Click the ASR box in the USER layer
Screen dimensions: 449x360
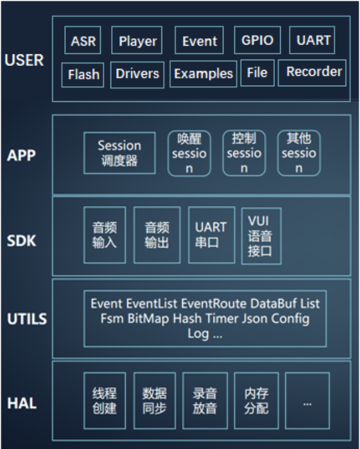pos(84,41)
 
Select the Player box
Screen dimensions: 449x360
pos(137,41)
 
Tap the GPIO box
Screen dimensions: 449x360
pos(258,41)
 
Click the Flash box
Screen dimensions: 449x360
pos(84,74)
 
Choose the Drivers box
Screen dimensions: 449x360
pos(137,73)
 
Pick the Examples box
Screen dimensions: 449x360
pos(203,73)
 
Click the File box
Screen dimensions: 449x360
pos(257,72)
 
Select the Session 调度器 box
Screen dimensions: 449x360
pos(119,153)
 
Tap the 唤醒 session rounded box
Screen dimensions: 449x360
pos(189,153)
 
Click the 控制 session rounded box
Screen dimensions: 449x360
pos(244,153)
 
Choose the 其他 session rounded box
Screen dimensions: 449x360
pos(299,153)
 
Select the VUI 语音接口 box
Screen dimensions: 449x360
pos(261,236)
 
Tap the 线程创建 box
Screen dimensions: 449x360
pos(105,400)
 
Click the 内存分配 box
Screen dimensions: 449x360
pos(256,400)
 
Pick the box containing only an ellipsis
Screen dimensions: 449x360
pos(307,400)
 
